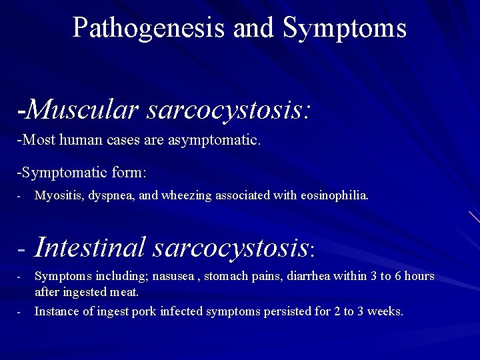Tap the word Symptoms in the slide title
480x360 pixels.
click(345, 28)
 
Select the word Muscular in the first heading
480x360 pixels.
click(83, 109)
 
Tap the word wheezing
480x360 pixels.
click(179, 196)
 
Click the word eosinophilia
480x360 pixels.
click(335, 196)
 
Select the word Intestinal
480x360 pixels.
click(89, 247)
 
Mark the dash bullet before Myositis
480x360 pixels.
click(20, 197)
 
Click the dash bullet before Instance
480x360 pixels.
click(20, 312)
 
